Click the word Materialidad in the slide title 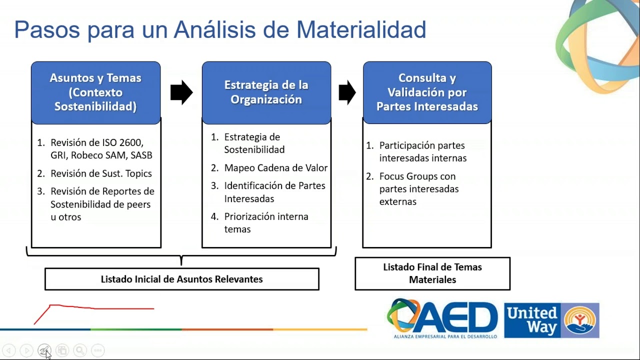click(361, 29)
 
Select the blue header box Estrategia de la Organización click(266, 92)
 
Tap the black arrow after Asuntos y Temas click(181, 92)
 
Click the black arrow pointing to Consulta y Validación click(347, 92)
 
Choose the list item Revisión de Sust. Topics click(94, 173)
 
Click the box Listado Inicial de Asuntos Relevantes click(182, 279)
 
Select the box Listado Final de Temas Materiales click(432, 273)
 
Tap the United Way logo click(551, 320)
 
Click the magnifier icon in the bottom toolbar click(80, 350)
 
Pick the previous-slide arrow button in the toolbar click(9, 350)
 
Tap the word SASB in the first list click(141, 155)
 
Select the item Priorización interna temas click(260, 223)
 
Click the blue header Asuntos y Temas click(95, 92)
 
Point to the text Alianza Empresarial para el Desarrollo click(445, 336)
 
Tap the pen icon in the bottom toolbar click(44, 350)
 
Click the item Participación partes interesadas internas click(416, 151)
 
